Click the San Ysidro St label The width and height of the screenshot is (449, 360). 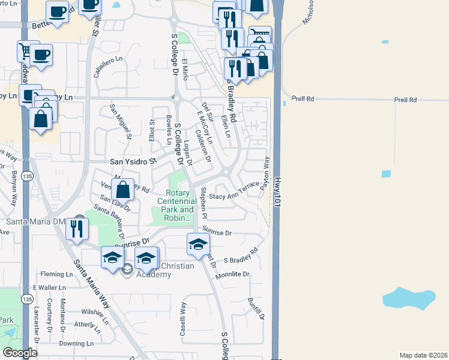click(x=133, y=161)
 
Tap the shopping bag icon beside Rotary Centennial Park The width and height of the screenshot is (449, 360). click(x=122, y=190)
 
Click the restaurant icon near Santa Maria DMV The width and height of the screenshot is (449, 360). click(x=77, y=229)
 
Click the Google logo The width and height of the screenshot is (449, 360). click(x=19, y=353)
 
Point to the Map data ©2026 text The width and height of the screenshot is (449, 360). click(x=423, y=354)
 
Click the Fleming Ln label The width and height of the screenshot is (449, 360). click(x=56, y=274)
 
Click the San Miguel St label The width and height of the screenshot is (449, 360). click(x=120, y=121)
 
